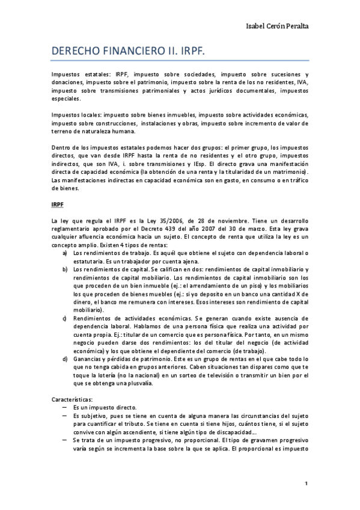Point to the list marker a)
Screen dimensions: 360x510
pos(65,253)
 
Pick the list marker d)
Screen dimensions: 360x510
pos(65,358)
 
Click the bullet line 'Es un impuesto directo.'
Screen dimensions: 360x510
pos(105,407)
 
